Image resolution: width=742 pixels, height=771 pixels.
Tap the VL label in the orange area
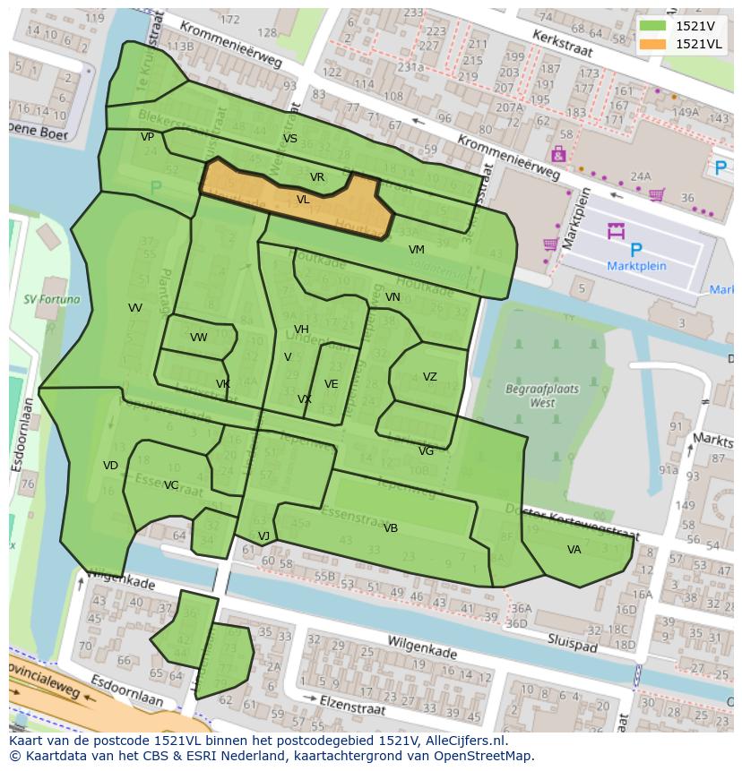coord(303,200)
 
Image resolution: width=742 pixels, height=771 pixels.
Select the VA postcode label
coord(574,550)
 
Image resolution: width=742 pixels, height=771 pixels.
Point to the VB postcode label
coord(390,528)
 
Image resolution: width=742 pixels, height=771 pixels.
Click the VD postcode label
coord(110,466)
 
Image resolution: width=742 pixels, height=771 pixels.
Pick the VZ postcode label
coord(430,377)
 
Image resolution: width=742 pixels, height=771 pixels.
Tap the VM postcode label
coord(416,250)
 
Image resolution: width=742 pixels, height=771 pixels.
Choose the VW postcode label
coord(198,338)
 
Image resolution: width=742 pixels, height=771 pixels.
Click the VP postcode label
coord(147,137)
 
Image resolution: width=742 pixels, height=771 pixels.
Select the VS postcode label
coord(289,139)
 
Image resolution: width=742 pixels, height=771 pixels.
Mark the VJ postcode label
coord(263,536)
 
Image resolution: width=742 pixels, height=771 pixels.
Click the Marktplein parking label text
coord(635,266)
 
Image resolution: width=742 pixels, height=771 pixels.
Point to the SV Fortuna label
coord(51,300)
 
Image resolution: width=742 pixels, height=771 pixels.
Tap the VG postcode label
coord(426,451)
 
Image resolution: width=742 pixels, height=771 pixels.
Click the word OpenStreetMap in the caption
coord(486,756)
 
